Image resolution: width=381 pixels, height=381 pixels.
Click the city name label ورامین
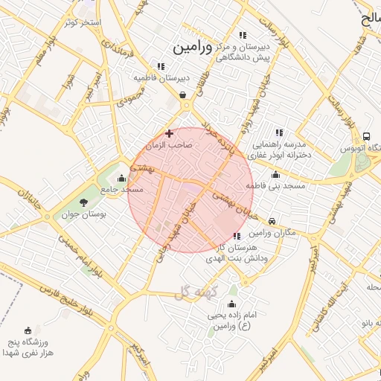coord(193,47)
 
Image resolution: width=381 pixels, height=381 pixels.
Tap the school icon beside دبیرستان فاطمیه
coord(161,66)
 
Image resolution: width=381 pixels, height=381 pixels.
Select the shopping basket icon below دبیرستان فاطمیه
coord(183,95)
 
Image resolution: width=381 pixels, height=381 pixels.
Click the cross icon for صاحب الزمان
coord(170,134)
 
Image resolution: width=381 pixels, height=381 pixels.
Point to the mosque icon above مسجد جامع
coord(121,178)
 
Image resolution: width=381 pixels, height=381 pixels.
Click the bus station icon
coord(367,136)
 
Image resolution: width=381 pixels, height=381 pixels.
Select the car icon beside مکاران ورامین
coord(272,221)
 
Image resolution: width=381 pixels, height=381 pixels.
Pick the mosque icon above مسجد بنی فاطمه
coord(276,174)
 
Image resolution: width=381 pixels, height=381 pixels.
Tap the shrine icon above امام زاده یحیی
coord(231,303)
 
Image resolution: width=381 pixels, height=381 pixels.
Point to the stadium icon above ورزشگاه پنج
coord(28,330)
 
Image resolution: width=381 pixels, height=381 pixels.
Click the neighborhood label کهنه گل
coord(195,292)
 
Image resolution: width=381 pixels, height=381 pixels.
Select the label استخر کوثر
coord(82,22)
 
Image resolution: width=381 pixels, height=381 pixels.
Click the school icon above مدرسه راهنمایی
coord(279,132)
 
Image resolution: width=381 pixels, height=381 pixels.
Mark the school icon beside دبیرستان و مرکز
coord(243,35)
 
